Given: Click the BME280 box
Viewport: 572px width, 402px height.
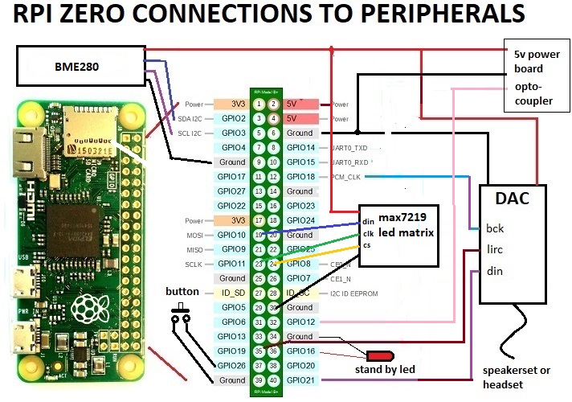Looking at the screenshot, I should click(80, 65).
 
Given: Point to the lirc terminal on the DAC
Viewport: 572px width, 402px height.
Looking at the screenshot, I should click(496, 250).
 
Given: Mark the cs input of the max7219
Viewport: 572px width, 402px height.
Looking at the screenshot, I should click(367, 245).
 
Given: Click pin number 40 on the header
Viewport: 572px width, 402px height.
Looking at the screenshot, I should click(273, 380).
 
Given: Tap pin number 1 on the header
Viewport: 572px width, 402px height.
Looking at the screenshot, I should click(259, 104).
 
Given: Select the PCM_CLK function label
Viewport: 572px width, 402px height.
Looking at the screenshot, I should click(346, 176).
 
